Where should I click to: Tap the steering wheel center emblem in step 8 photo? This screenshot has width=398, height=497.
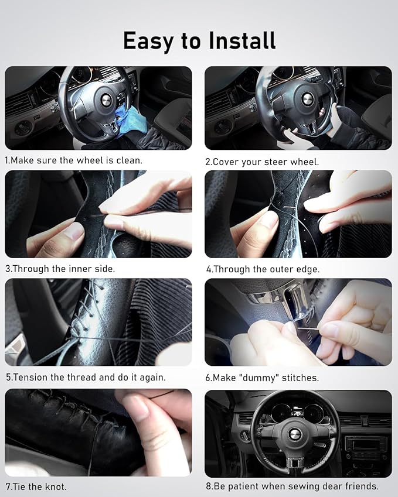[x=295, y=434]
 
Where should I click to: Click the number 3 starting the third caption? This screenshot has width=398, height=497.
[x=7, y=269]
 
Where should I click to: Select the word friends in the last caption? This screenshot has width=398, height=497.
[x=360, y=486]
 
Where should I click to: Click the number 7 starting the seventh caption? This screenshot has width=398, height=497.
[x=7, y=486]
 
